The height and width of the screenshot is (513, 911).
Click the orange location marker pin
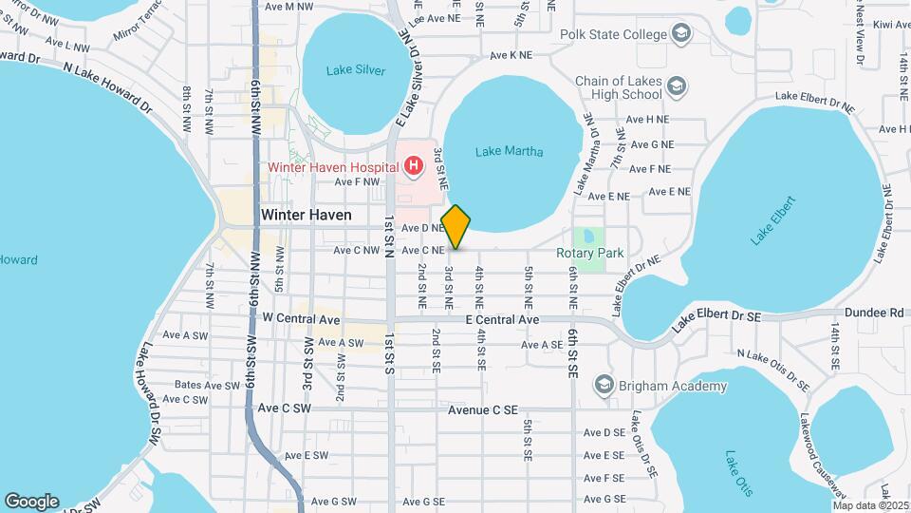[x=455, y=227]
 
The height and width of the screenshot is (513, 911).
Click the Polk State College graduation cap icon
[x=681, y=35]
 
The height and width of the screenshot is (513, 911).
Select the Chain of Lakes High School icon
[x=677, y=87]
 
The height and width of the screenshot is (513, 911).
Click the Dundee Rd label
[x=883, y=312]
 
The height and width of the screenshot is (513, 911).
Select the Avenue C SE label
[x=483, y=410]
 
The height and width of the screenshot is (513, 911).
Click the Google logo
[x=31, y=501]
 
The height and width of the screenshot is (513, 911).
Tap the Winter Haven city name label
[x=306, y=215]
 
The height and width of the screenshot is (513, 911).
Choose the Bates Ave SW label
[x=207, y=386]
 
